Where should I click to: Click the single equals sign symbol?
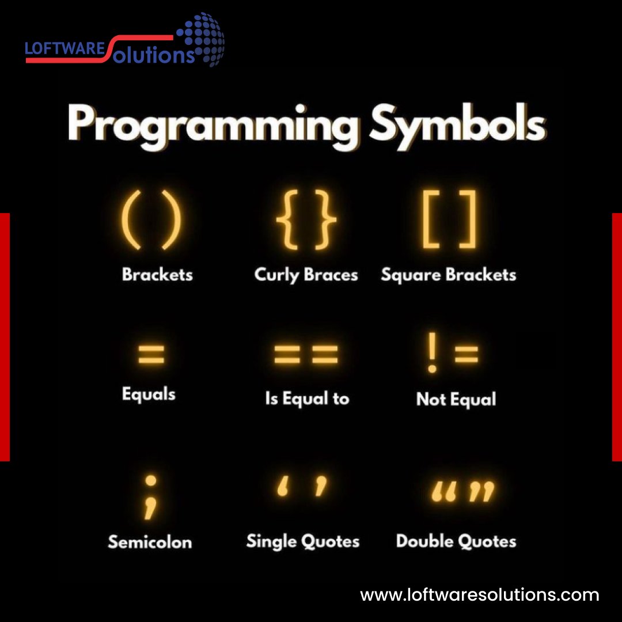pyautogui.click(x=151, y=355)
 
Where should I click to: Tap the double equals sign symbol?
pyautogui.click(x=306, y=355)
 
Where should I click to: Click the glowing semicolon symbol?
pyautogui.click(x=150, y=496)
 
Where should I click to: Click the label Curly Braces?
pyautogui.click(x=306, y=275)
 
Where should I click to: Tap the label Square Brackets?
pyautogui.click(x=449, y=275)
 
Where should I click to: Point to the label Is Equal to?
pyautogui.click(x=307, y=398)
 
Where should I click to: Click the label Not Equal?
pyautogui.click(x=456, y=399)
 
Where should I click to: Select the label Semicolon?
pyautogui.click(x=150, y=541)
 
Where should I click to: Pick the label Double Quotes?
pyautogui.click(x=456, y=541)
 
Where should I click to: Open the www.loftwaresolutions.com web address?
pyautogui.click(x=480, y=594)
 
